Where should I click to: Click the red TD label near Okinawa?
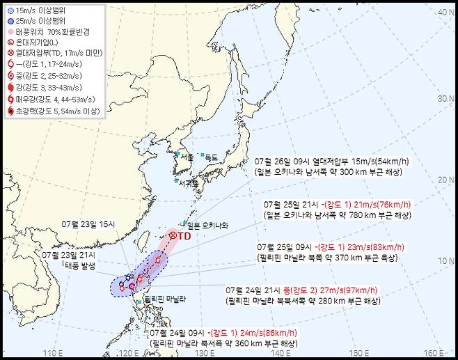point(184,236)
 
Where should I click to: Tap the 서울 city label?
point(187,157)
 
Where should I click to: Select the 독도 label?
point(211,157)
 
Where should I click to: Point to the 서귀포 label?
point(188,184)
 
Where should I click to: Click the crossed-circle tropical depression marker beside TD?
point(173,237)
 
